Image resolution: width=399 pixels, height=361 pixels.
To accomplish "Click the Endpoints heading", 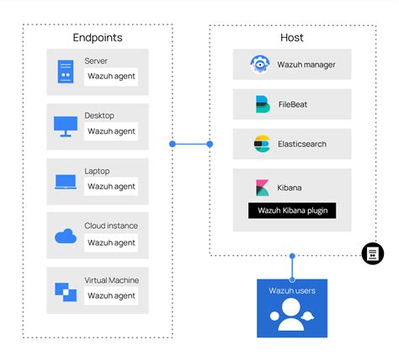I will pyautogui.click(x=98, y=38).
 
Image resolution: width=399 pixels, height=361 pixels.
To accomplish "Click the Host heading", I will pyautogui.click(x=292, y=38).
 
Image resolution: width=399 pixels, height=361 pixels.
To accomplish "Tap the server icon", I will pyautogui.click(x=65, y=71).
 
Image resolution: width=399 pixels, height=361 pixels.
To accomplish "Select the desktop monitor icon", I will pyautogui.click(x=65, y=126).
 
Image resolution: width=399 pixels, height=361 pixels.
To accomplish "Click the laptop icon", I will pyautogui.click(x=66, y=182).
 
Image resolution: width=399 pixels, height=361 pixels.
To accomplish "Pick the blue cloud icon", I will pyautogui.click(x=66, y=236).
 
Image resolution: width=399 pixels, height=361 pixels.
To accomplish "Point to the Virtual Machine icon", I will pyautogui.click(x=66, y=291).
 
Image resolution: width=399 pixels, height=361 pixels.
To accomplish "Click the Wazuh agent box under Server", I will pyautogui.click(x=111, y=77).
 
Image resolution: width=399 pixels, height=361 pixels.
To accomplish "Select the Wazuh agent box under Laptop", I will pyautogui.click(x=111, y=187).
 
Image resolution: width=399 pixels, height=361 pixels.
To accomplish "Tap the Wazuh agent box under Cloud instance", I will pyautogui.click(x=111, y=242).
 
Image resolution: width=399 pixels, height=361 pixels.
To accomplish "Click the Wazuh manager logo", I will pyautogui.click(x=259, y=64).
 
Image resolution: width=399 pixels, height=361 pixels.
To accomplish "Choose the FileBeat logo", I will pyautogui.click(x=262, y=104).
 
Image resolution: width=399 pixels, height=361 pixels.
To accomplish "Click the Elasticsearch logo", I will pyautogui.click(x=261, y=144).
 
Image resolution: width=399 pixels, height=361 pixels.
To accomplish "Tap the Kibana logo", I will pyautogui.click(x=262, y=187).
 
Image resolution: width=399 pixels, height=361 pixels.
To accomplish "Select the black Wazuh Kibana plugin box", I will pyautogui.click(x=291, y=210).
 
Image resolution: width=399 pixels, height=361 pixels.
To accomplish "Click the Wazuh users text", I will pyautogui.click(x=291, y=290).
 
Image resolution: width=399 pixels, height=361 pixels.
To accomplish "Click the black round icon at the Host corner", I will pyautogui.click(x=372, y=253).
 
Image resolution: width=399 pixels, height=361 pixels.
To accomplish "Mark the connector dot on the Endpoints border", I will pyautogui.click(x=173, y=144).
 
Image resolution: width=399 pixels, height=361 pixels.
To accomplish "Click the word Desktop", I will pyautogui.click(x=99, y=115).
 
